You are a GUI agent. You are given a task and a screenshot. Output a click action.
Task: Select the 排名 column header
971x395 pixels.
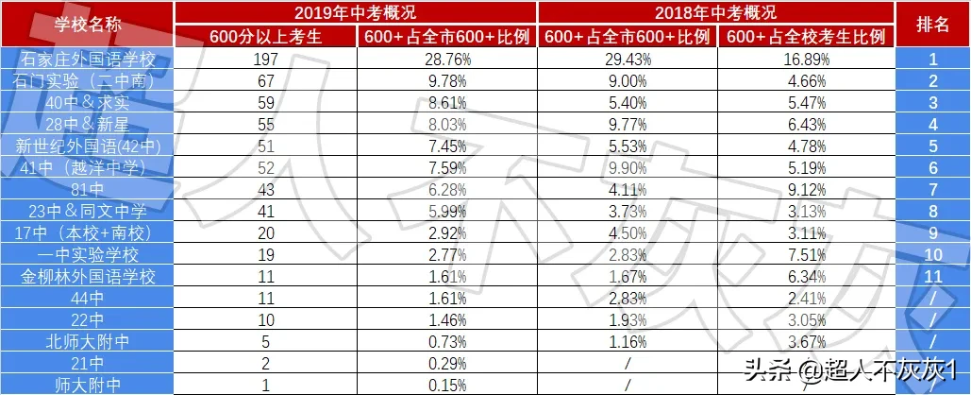933,24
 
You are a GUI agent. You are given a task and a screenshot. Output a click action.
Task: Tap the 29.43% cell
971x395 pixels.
627,60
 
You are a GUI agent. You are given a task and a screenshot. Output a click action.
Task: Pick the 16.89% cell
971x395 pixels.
806,60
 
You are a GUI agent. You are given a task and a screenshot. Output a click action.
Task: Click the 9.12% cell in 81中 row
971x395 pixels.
806,190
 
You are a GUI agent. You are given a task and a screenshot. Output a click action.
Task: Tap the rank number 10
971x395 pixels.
933,255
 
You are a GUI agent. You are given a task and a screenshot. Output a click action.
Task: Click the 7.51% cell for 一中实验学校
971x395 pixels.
806,255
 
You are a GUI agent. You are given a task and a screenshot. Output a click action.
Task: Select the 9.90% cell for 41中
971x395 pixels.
627,168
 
